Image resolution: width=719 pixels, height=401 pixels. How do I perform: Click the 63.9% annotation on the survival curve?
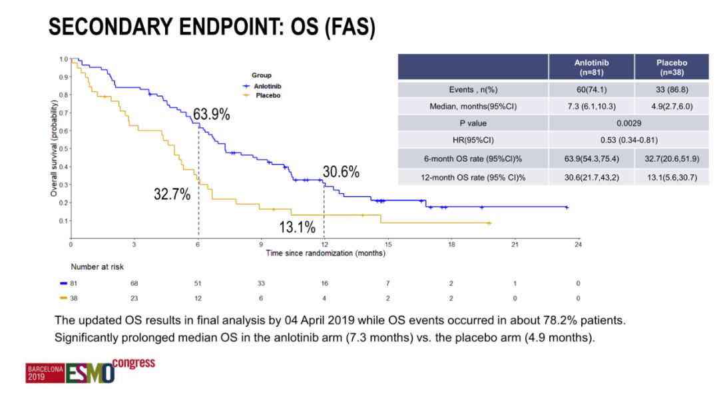tap(212, 115)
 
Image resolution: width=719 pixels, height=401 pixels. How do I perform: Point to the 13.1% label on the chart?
tap(297, 227)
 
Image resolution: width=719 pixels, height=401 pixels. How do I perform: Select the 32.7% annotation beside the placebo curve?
tap(172, 195)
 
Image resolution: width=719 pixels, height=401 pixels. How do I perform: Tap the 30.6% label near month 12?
tap(342, 172)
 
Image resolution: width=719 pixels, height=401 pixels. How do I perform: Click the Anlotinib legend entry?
tap(266, 86)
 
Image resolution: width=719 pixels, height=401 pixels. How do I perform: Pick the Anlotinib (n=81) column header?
tap(591, 67)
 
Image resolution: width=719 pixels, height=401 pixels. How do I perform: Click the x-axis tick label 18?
tap(451, 245)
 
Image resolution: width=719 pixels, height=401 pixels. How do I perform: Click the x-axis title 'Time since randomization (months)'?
tap(326, 253)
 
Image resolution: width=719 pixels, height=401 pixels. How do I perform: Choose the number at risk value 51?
tap(198, 283)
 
